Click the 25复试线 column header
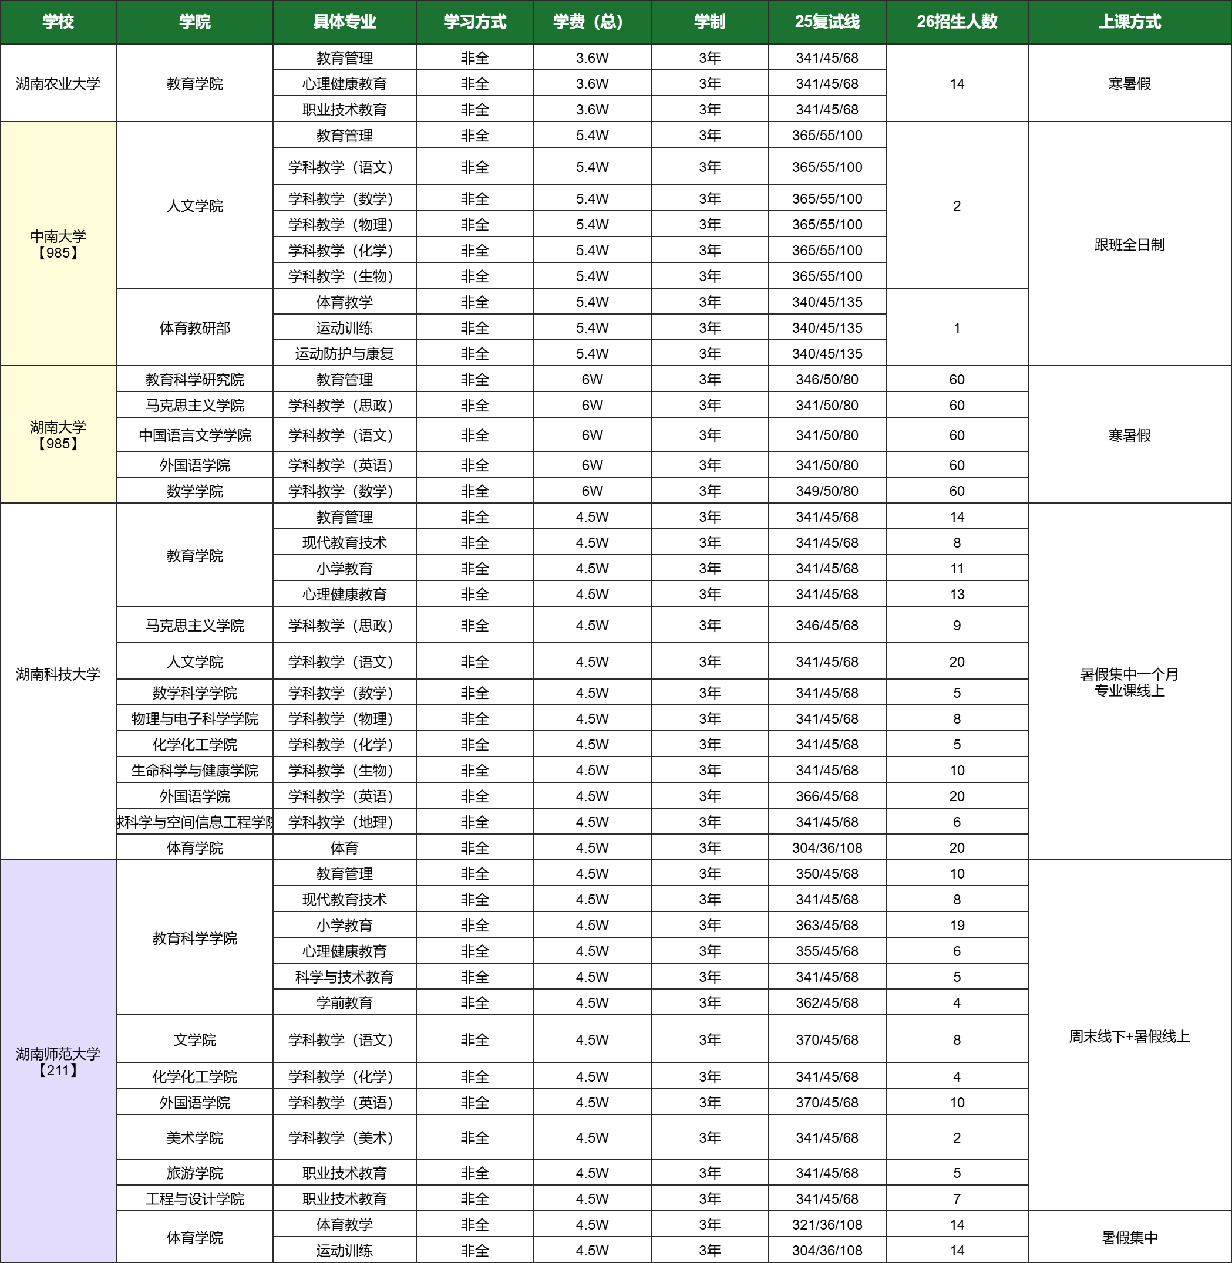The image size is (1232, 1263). [x=827, y=22]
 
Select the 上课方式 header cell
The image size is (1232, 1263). [x=1129, y=22]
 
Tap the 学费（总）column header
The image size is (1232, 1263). [x=591, y=22]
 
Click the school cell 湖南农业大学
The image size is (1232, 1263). [x=58, y=83]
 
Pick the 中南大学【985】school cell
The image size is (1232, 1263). [x=58, y=244]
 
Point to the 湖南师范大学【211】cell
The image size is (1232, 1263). [x=58, y=1061]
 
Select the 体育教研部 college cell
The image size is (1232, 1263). [x=195, y=328]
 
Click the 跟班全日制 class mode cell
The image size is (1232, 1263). [x=1129, y=245]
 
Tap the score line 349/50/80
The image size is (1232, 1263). [x=827, y=491]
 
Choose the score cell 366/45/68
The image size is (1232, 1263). [x=827, y=796]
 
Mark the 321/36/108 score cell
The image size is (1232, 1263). [x=827, y=1224]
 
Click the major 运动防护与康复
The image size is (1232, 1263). [x=344, y=354]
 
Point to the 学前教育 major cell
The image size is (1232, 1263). [x=344, y=1002]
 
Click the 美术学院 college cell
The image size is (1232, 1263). [x=195, y=1137]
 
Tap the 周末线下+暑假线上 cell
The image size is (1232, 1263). [x=1129, y=1036]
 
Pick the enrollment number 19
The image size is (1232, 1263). [x=957, y=926]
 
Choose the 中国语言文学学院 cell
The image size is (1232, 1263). [x=195, y=435]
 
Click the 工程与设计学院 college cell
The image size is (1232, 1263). [x=195, y=1198]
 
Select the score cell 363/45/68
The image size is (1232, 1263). [x=827, y=926]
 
